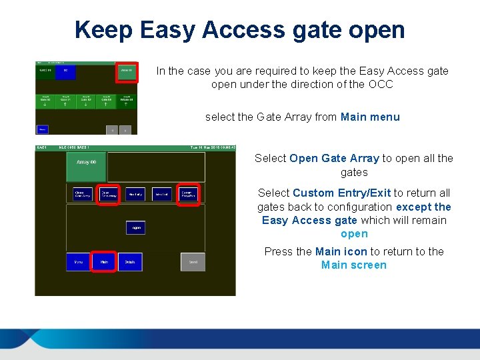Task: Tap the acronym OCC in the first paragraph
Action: pyautogui.click(x=381, y=85)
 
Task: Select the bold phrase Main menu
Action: pyautogui.click(x=370, y=117)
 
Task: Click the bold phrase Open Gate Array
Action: pyautogui.click(x=334, y=159)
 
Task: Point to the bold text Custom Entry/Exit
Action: pyautogui.click(x=341, y=193)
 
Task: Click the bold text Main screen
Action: pyautogui.click(x=353, y=265)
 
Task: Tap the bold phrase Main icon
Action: pyautogui.click(x=341, y=252)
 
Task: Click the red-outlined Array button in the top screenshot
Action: pyautogui.click(x=126, y=72)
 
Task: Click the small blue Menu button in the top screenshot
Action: pyautogui.click(x=42, y=129)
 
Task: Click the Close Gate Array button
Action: pyautogui.click(x=83, y=195)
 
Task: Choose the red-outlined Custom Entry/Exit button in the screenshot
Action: pyautogui.click(x=189, y=195)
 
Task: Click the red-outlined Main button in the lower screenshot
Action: pyautogui.click(x=104, y=262)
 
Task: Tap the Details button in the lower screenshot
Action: pyautogui.click(x=129, y=262)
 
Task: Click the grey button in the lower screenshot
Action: pyautogui.click(x=193, y=262)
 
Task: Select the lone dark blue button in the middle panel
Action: pyautogui.click(x=135, y=227)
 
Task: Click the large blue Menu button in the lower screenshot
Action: pyautogui.click(x=78, y=262)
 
